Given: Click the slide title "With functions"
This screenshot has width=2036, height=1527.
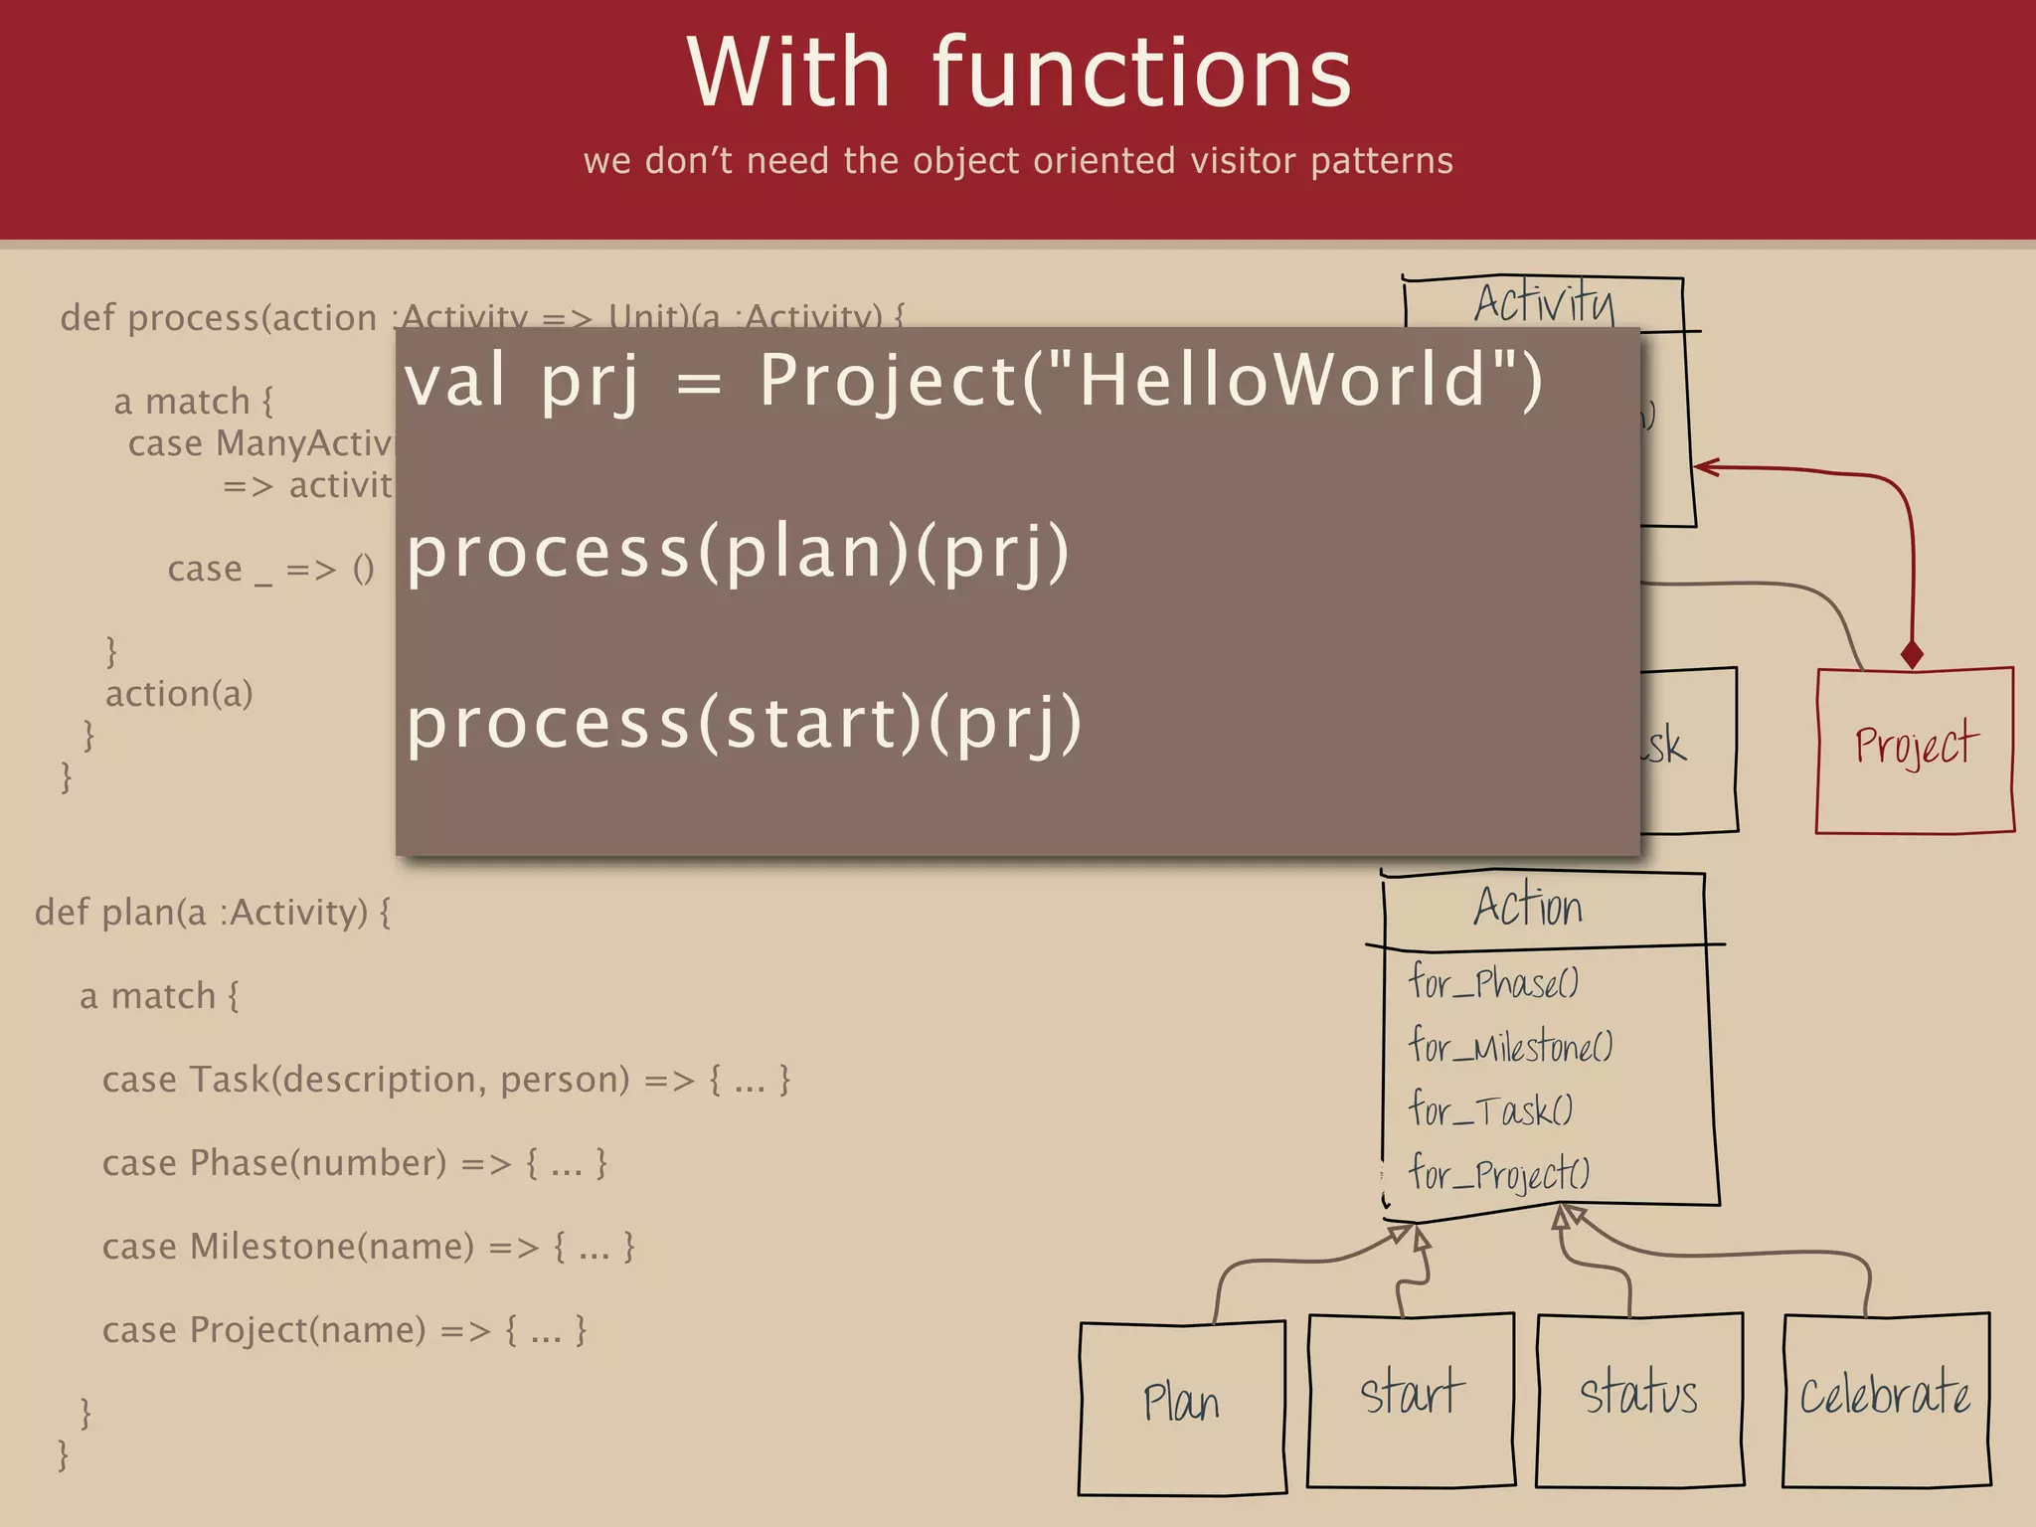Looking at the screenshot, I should (x=1018, y=74).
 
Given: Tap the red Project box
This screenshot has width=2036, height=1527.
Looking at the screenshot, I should (x=1915, y=750).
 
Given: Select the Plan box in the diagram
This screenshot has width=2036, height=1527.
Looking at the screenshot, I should (x=1181, y=1406).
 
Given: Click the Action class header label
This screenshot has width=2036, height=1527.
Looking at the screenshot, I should (x=1528, y=908).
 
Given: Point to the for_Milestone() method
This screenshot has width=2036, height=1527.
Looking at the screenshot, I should (x=1510, y=1046).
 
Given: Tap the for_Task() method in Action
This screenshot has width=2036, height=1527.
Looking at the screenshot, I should (x=1490, y=1109).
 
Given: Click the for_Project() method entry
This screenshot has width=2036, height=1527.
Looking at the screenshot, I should (x=1499, y=1174).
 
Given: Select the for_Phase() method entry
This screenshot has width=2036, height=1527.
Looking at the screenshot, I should (x=1493, y=983).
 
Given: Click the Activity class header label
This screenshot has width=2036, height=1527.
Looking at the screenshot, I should (x=1543, y=302).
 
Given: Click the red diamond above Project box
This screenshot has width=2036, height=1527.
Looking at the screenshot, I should (x=1912, y=655).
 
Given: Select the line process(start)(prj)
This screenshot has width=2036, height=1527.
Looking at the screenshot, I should (x=744, y=723).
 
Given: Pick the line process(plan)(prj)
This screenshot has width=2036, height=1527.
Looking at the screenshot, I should (x=738, y=552).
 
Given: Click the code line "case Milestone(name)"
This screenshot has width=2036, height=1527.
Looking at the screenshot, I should (x=368, y=1247).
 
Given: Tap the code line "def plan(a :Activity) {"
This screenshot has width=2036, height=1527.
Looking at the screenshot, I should (x=213, y=913).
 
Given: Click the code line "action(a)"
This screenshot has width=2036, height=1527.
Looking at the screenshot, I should (x=179, y=694).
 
